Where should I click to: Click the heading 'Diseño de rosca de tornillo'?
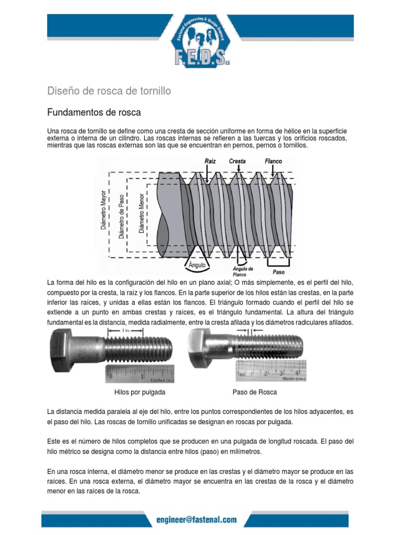pyautogui.click(x=109, y=91)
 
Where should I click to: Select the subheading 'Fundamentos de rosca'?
pyautogui.click(x=94, y=112)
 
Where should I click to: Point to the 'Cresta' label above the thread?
pyautogui.click(x=237, y=161)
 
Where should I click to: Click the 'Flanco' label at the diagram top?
pyautogui.click(x=273, y=161)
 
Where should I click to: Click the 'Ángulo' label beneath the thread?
pyautogui.click(x=197, y=265)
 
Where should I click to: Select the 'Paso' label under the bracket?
pyautogui.click(x=279, y=272)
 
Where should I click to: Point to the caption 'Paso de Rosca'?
pyautogui.click(x=254, y=392)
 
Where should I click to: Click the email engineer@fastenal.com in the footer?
pyautogui.click(x=196, y=520)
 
